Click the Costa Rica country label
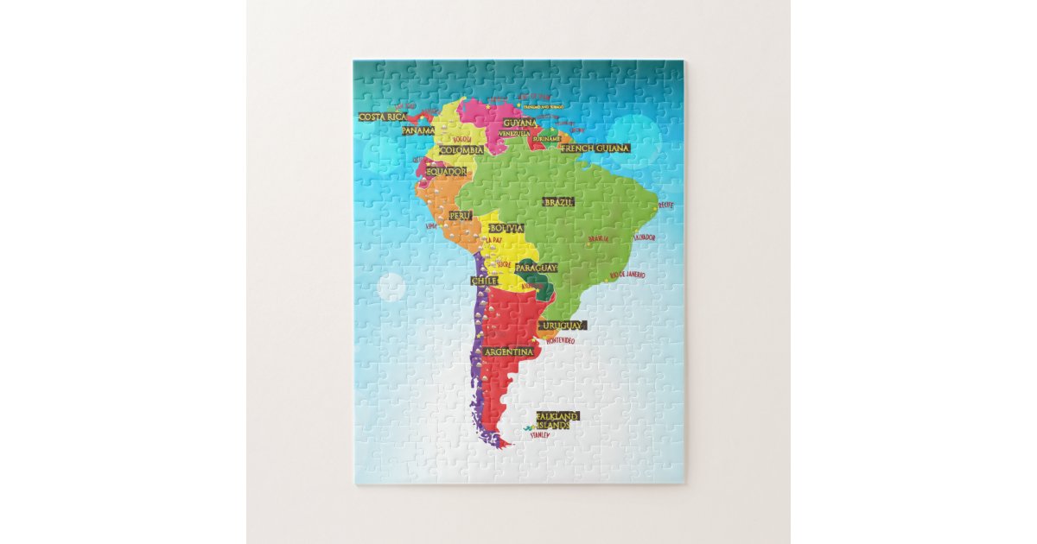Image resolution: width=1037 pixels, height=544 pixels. point(383,117)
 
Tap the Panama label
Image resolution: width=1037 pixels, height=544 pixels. point(418,130)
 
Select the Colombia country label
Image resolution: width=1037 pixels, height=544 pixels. point(461,150)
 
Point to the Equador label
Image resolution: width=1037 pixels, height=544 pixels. point(446,171)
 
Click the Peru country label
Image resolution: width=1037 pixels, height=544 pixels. point(461,215)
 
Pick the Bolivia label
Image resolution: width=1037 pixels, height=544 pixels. point(506,228)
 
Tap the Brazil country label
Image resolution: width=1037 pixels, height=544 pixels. point(558,202)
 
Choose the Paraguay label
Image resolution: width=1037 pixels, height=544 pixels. point(536,268)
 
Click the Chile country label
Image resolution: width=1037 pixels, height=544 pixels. point(484,281)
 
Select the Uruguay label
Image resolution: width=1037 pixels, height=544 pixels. point(562,326)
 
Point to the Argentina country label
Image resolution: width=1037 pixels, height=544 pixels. point(509,352)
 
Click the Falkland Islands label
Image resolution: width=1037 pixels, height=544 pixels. point(557,421)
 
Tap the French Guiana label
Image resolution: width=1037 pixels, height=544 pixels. point(595,149)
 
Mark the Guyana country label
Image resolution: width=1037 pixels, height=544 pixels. point(520,123)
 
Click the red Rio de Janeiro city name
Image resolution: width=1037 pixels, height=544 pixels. point(627,275)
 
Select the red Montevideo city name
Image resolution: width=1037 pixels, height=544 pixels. point(560,341)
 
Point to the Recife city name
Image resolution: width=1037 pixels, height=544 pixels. point(665,206)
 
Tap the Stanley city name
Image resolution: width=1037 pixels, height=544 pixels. point(540,434)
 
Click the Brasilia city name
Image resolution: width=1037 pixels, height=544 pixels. point(598,239)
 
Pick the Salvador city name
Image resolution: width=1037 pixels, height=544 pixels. point(645,237)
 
